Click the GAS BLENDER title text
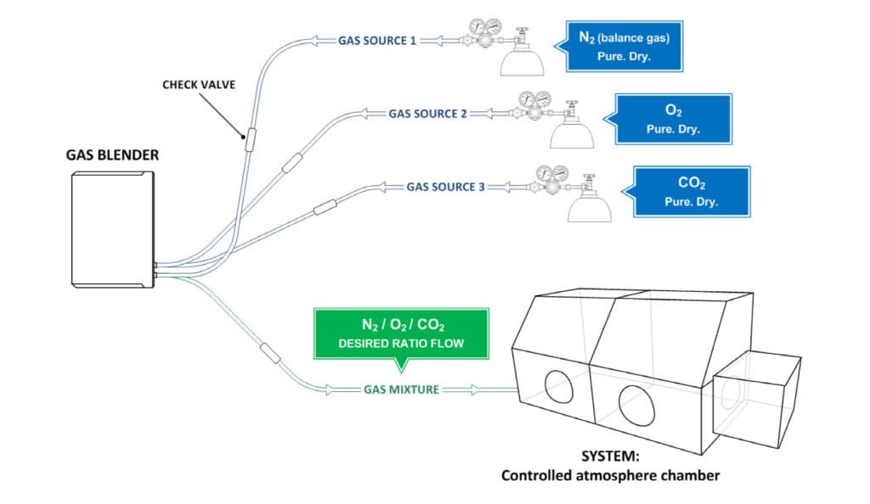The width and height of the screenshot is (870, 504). (112, 156)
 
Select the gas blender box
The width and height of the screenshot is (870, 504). (113, 228)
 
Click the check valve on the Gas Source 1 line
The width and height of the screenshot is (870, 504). (251, 140)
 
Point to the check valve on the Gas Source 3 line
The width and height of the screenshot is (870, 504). (326, 206)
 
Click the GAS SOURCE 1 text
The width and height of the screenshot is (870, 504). (377, 40)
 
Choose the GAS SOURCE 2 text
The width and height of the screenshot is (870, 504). (428, 113)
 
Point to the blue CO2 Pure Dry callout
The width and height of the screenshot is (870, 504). (691, 192)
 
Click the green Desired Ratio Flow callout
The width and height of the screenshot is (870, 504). (402, 333)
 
